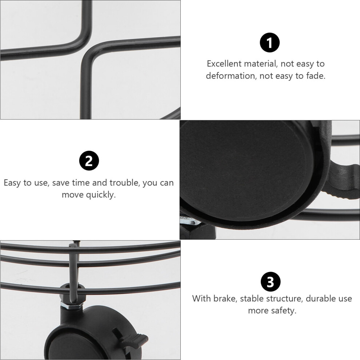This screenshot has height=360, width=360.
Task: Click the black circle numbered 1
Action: click(x=269, y=43)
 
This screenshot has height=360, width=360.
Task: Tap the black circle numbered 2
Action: click(x=89, y=161)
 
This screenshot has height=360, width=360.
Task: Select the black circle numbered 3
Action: click(x=271, y=281)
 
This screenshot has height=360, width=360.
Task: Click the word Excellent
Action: click(x=224, y=64)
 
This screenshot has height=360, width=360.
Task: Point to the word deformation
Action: click(x=231, y=76)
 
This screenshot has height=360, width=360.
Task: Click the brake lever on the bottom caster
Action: click(x=134, y=339)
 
